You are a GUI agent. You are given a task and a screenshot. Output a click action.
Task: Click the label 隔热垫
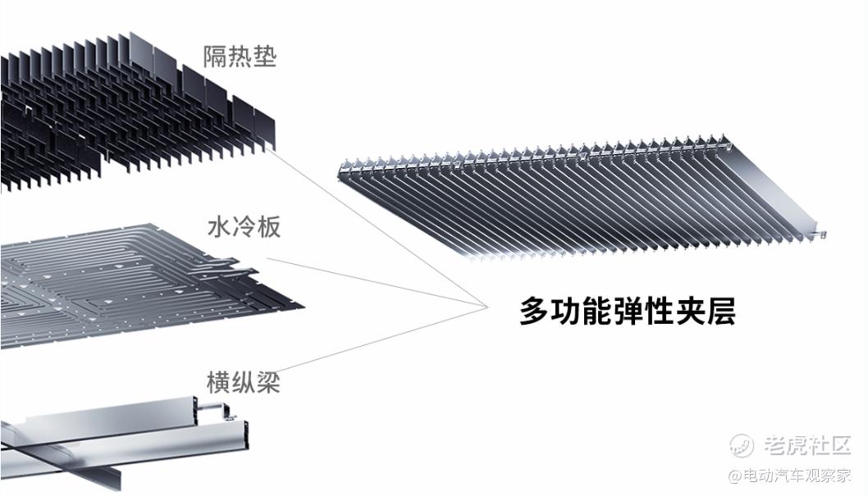coord(240,57)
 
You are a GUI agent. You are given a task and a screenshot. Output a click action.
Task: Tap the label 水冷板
coord(244,227)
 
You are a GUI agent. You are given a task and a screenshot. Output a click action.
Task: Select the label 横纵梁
coord(243,382)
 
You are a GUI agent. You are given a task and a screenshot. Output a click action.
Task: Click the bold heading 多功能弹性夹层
coord(628,312)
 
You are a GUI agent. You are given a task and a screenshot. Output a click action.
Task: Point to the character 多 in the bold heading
coord(534,312)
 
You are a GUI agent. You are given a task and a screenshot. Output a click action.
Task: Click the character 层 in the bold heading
coord(721,312)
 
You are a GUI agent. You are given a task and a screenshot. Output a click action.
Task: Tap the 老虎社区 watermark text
coord(807,445)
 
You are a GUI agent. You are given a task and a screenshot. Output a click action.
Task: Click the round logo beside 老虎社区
coord(742,445)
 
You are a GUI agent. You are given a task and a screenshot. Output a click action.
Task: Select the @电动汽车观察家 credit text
coord(790,476)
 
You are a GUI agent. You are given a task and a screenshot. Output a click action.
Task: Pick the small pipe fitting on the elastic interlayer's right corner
coord(818,234)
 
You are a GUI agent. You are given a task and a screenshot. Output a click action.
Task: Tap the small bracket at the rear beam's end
coord(222,410)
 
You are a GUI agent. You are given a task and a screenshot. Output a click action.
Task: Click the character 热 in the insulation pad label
coord(240,57)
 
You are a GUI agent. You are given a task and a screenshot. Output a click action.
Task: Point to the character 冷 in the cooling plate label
coord(244,227)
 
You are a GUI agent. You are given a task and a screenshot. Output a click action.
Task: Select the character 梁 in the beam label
coord(268,382)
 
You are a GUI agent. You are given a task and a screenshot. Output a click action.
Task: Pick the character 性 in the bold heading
coord(659,312)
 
